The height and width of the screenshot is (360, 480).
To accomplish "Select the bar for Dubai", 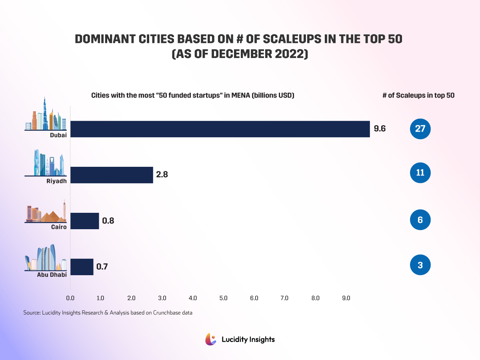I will [220, 129].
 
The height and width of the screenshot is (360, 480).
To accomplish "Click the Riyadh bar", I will [112, 175].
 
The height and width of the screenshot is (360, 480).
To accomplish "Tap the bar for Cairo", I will [84, 221].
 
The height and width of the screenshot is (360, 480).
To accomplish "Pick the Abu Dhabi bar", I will [82, 267].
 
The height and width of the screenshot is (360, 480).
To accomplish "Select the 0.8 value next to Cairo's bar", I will [108, 221].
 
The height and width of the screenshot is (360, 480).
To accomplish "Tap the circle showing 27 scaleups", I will [420, 129].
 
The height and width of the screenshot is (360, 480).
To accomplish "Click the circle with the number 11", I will [420, 173].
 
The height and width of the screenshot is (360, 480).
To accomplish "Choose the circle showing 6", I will [420, 220].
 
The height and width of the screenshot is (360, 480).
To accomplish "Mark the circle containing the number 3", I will [420, 265].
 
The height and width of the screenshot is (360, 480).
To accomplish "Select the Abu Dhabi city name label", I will [52, 274].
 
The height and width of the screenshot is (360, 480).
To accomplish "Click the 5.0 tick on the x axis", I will [223, 298].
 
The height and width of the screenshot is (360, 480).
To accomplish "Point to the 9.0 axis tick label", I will [346, 298].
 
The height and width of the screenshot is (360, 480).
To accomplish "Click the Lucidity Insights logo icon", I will [210, 339].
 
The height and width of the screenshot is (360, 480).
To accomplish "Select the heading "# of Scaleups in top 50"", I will [418, 96].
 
